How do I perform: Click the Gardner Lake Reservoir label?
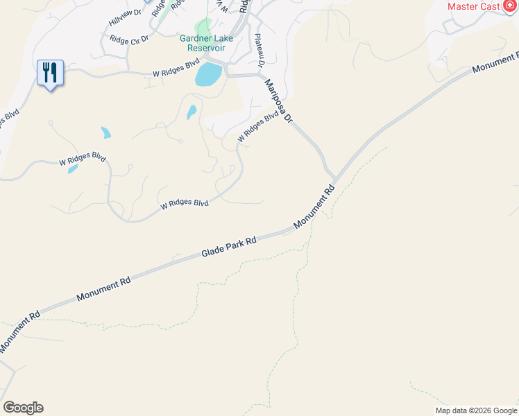click(x=207, y=43)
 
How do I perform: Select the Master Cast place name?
click(x=474, y=6)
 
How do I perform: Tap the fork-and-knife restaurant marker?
click(x=50, y=73)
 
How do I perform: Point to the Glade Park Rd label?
click(x=229, y=247)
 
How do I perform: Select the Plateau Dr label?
click(x=260, y=51)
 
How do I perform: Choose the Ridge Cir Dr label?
click(x=129, y=41)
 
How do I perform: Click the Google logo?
click(x=23, y=408)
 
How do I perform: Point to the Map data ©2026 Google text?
click(x=476, y=410)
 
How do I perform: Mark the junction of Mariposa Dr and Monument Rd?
click(x=333, y=177)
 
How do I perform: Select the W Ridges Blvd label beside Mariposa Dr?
click(x=253, y=128)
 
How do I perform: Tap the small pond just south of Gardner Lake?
click(x=191, y=112)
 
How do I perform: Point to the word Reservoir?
click(x=207, y=49)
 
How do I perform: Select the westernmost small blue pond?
click(x=73, y=168)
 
